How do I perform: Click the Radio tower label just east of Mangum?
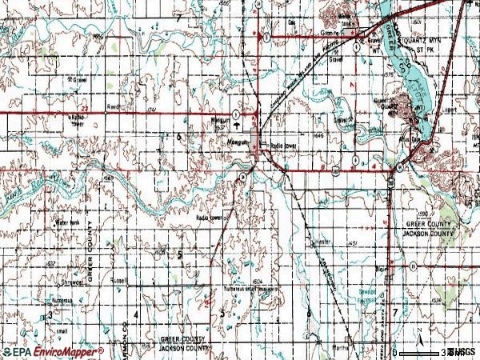click(284, 145)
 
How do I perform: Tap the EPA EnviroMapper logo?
click(52, 351)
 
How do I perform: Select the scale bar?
click(424, 352)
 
